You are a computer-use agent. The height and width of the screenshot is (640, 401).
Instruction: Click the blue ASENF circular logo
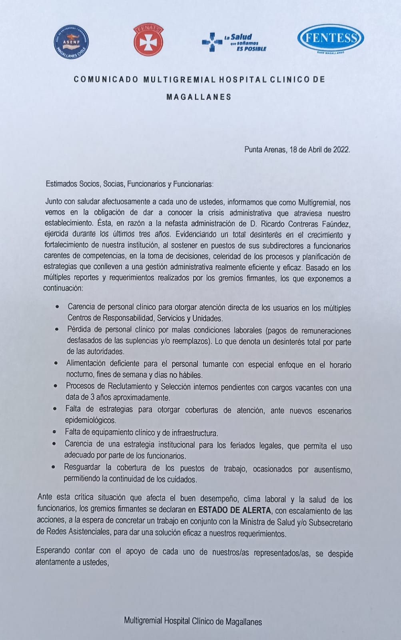point(71,42)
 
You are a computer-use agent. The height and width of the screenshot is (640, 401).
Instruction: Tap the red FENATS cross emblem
point(148,40)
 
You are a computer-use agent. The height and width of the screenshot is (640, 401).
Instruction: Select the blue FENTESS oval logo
point(330,39)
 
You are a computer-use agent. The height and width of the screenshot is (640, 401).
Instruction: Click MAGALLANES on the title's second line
point(199,97)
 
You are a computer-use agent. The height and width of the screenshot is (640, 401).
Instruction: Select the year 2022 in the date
point(341,150)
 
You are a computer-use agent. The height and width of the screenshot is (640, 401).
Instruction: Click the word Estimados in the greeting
point(61,184)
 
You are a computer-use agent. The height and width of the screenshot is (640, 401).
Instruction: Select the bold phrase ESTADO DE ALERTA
point(235,510)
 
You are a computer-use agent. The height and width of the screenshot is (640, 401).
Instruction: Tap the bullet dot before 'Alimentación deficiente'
point(56,363)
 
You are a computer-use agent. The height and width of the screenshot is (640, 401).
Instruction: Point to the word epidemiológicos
point(90,420)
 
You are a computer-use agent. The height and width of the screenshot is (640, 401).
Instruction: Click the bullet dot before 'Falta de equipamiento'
point(55,432)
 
